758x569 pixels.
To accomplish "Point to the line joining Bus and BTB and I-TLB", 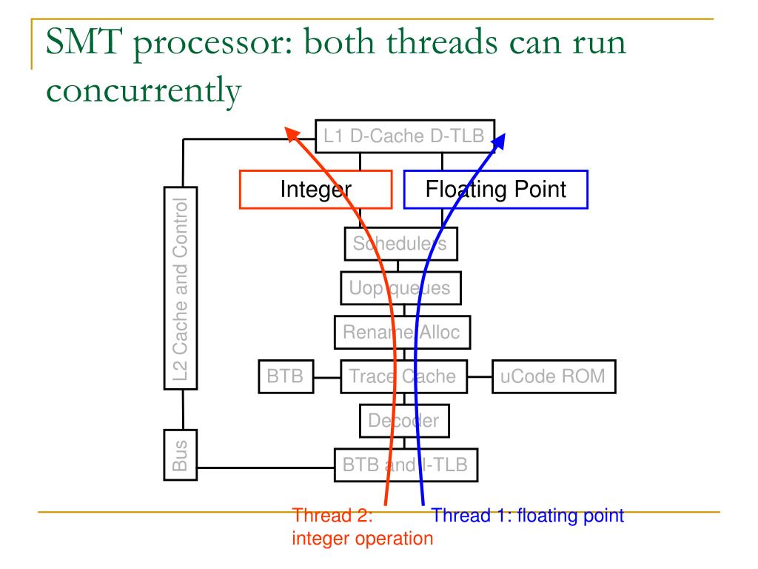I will (266, 467).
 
